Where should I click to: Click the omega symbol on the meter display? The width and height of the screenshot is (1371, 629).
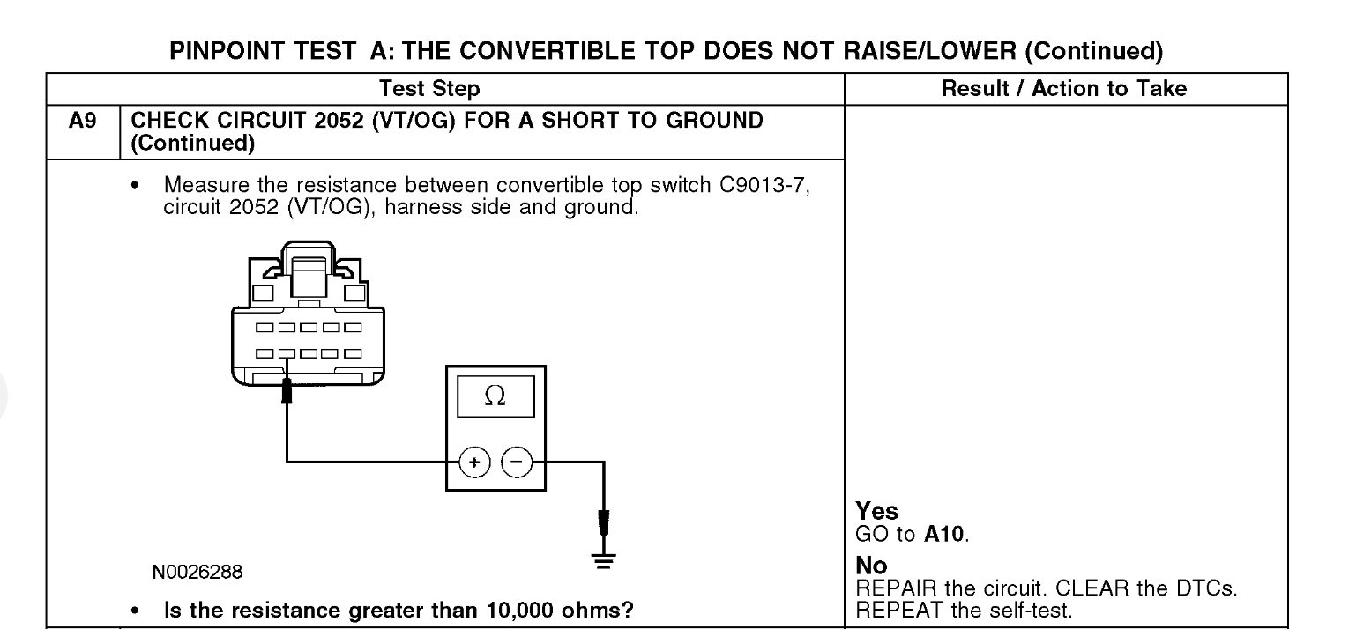point(495,397)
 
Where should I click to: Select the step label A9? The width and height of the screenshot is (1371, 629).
point(82,121)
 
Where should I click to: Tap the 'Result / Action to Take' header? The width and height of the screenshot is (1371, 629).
point(1064,88)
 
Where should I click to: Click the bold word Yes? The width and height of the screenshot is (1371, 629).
point(876,512)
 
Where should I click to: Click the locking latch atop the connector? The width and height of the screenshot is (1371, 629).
point(308,264)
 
